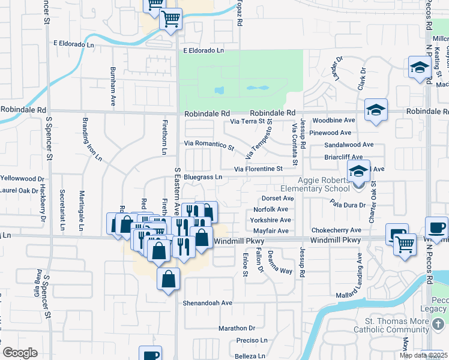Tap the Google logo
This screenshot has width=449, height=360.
pos(20,353)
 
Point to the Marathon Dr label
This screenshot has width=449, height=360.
pos(237,328)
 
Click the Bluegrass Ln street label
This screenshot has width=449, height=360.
pos(203,177)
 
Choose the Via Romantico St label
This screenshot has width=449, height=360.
pos(209,144)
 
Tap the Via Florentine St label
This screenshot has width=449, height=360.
pos(258,169)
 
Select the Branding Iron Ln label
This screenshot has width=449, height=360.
pos(91,139)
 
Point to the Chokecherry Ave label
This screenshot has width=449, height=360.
pos(336,230)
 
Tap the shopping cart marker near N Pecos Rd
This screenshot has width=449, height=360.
pos(405,244)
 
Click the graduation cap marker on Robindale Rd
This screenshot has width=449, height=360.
pos(376,110)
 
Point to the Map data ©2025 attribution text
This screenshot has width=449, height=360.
pos(423,355)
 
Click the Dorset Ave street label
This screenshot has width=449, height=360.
pos(277,198)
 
